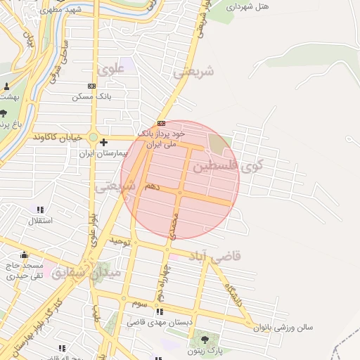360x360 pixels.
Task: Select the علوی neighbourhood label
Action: click(112, 69)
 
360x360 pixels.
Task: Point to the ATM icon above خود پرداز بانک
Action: click(161, 123)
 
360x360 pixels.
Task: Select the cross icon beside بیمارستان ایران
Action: click(103, 143)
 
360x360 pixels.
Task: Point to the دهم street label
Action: click(152, 186)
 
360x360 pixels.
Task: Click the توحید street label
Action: click(120, 241)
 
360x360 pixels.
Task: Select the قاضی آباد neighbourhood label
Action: click(218, 255)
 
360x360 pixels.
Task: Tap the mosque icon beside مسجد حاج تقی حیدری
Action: click(25, 255)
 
